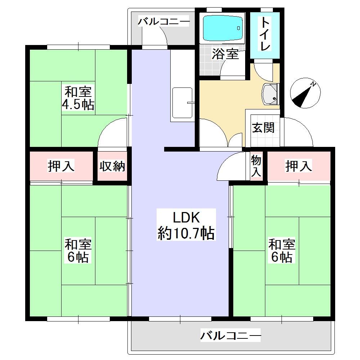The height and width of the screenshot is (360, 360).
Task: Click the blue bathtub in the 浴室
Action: coord(223,28)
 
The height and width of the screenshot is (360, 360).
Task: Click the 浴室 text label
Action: coord(225,54)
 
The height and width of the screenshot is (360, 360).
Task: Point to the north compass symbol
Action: coord(305,93)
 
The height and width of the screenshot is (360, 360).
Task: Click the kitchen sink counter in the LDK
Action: coord(183,103)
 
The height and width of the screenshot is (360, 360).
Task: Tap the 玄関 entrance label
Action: coord(263,128)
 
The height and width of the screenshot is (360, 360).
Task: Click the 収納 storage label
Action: coord(112,166)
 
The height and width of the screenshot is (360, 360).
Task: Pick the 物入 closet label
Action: coord(256,166)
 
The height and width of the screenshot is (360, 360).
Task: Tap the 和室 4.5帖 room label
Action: coord(78,98)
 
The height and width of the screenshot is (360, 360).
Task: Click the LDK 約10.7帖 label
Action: coord(186,225)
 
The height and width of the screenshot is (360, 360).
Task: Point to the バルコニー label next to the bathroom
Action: coord(164,22)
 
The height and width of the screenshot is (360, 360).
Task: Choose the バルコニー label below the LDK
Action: coord(230,336)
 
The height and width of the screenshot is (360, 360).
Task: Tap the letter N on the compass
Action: coord(313,84)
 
